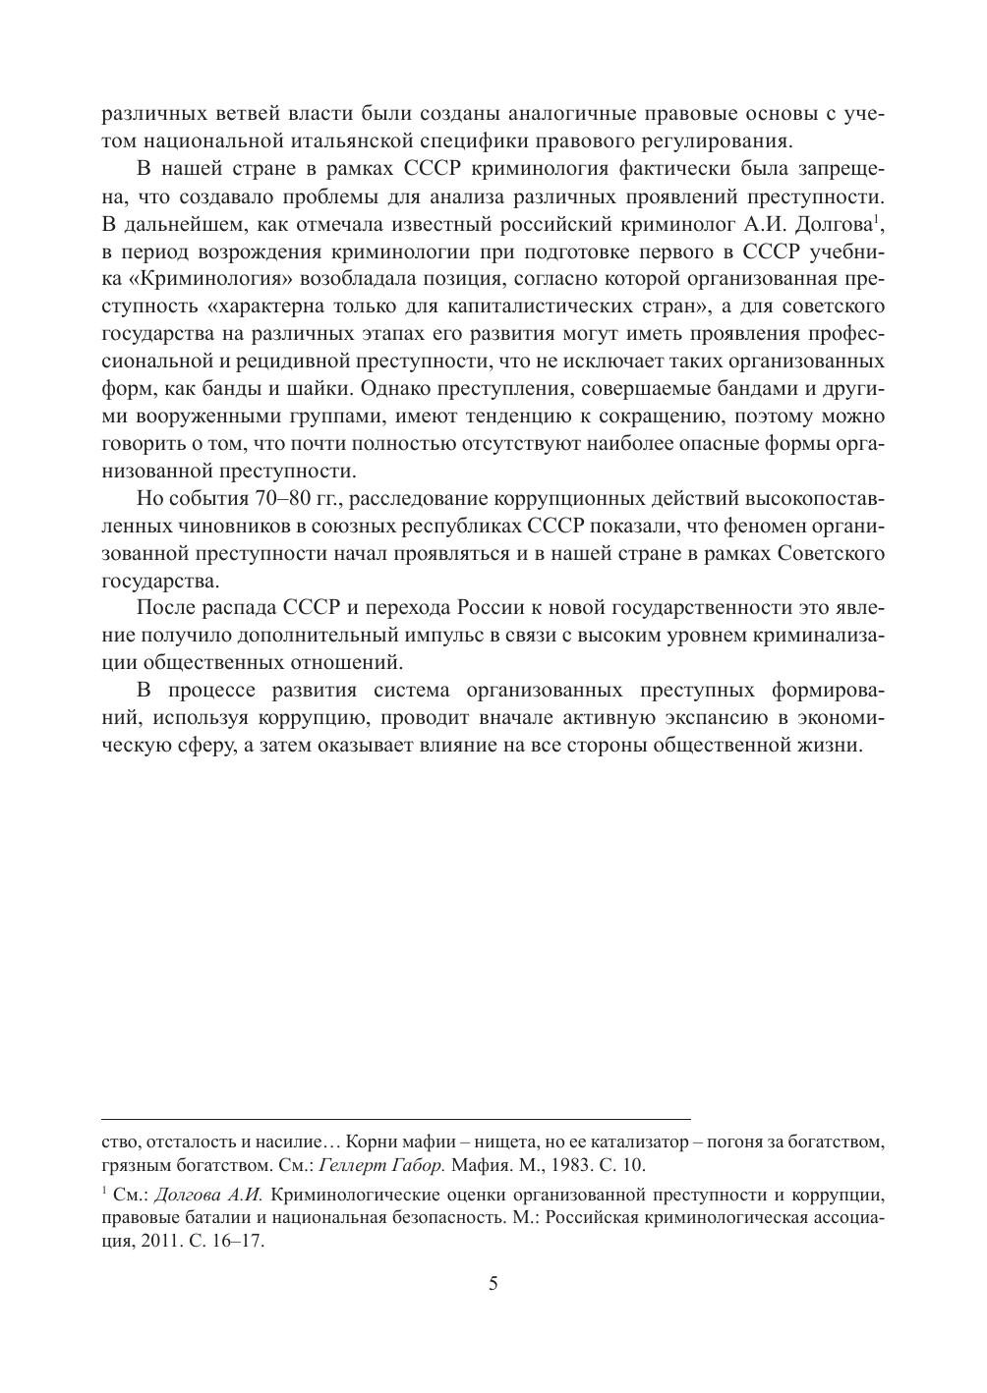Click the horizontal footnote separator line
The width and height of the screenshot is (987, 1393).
(395, 1118)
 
